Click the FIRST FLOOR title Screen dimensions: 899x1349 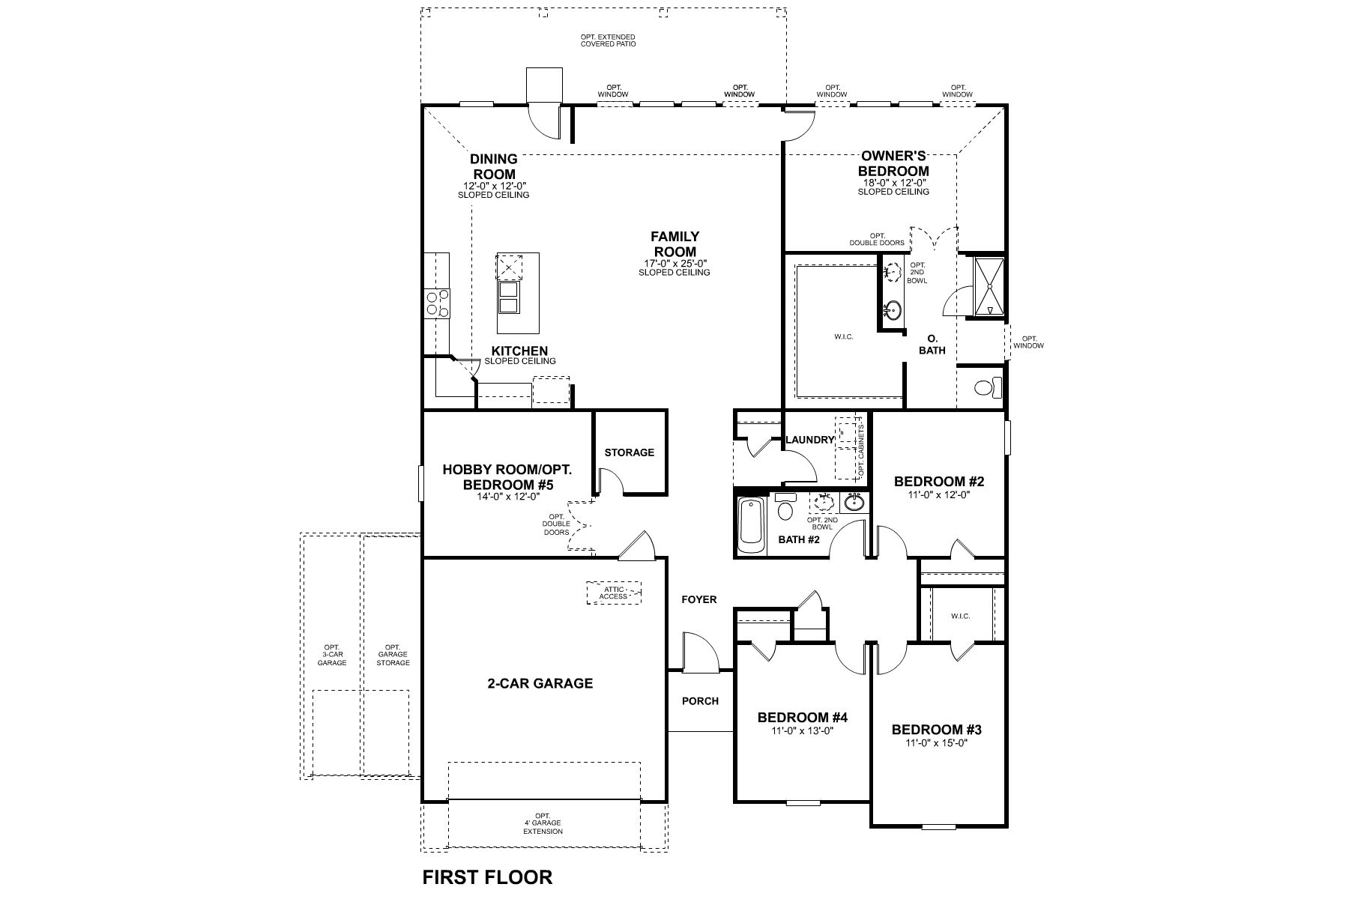[487, 877]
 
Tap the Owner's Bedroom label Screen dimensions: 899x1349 [893, 163]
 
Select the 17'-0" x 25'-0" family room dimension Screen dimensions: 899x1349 [674, 263]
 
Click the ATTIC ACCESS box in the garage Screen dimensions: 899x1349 [614, 593]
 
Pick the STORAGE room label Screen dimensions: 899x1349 [630, 452]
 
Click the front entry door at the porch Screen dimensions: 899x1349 [700, 652]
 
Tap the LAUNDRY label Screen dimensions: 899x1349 [809, 440]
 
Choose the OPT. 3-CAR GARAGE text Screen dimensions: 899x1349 [332, 655]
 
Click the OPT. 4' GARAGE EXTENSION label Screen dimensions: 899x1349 [543, 823]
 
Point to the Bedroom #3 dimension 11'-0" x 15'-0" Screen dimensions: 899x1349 [936, 743]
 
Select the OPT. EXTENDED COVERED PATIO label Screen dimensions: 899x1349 [608, 40]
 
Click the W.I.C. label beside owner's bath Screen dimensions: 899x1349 [843, 337]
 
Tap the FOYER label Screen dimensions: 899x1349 [698, 599]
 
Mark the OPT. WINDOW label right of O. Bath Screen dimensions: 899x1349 [1028, 342]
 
